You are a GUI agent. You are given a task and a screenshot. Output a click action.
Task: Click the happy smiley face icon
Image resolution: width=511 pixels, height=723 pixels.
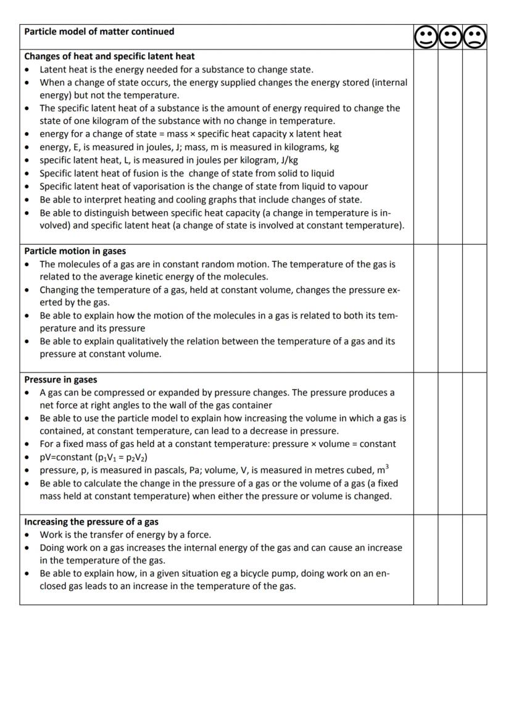click(425, 37)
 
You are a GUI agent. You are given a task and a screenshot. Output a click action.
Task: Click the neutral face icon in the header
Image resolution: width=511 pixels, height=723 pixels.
click(450, 37)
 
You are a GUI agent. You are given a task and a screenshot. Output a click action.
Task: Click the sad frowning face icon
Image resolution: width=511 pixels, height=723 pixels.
click(475, 37)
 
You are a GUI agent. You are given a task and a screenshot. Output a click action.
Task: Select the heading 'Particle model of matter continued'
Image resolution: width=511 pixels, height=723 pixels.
click(99, 31)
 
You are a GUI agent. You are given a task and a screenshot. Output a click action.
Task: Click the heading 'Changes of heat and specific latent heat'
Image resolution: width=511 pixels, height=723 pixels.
click(109, 56)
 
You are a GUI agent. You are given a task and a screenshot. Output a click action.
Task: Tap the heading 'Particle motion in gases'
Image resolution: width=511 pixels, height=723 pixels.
click(75, 251)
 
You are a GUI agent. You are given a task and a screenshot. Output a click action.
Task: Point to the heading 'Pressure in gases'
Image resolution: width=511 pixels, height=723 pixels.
click(60, 380)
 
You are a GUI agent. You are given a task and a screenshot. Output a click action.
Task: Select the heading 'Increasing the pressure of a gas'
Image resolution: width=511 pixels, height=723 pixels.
click(91, 522)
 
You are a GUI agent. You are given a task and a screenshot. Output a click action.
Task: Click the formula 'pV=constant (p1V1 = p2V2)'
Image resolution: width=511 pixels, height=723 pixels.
click(94, 458)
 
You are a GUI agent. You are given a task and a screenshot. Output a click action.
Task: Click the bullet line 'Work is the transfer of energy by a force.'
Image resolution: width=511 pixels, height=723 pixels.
click(125, 535)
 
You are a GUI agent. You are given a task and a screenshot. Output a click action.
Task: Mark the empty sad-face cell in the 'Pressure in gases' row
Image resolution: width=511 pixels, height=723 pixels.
click(475, 443)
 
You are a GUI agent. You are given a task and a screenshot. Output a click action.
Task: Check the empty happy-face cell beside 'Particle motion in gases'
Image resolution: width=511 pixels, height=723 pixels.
click(425, 308)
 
